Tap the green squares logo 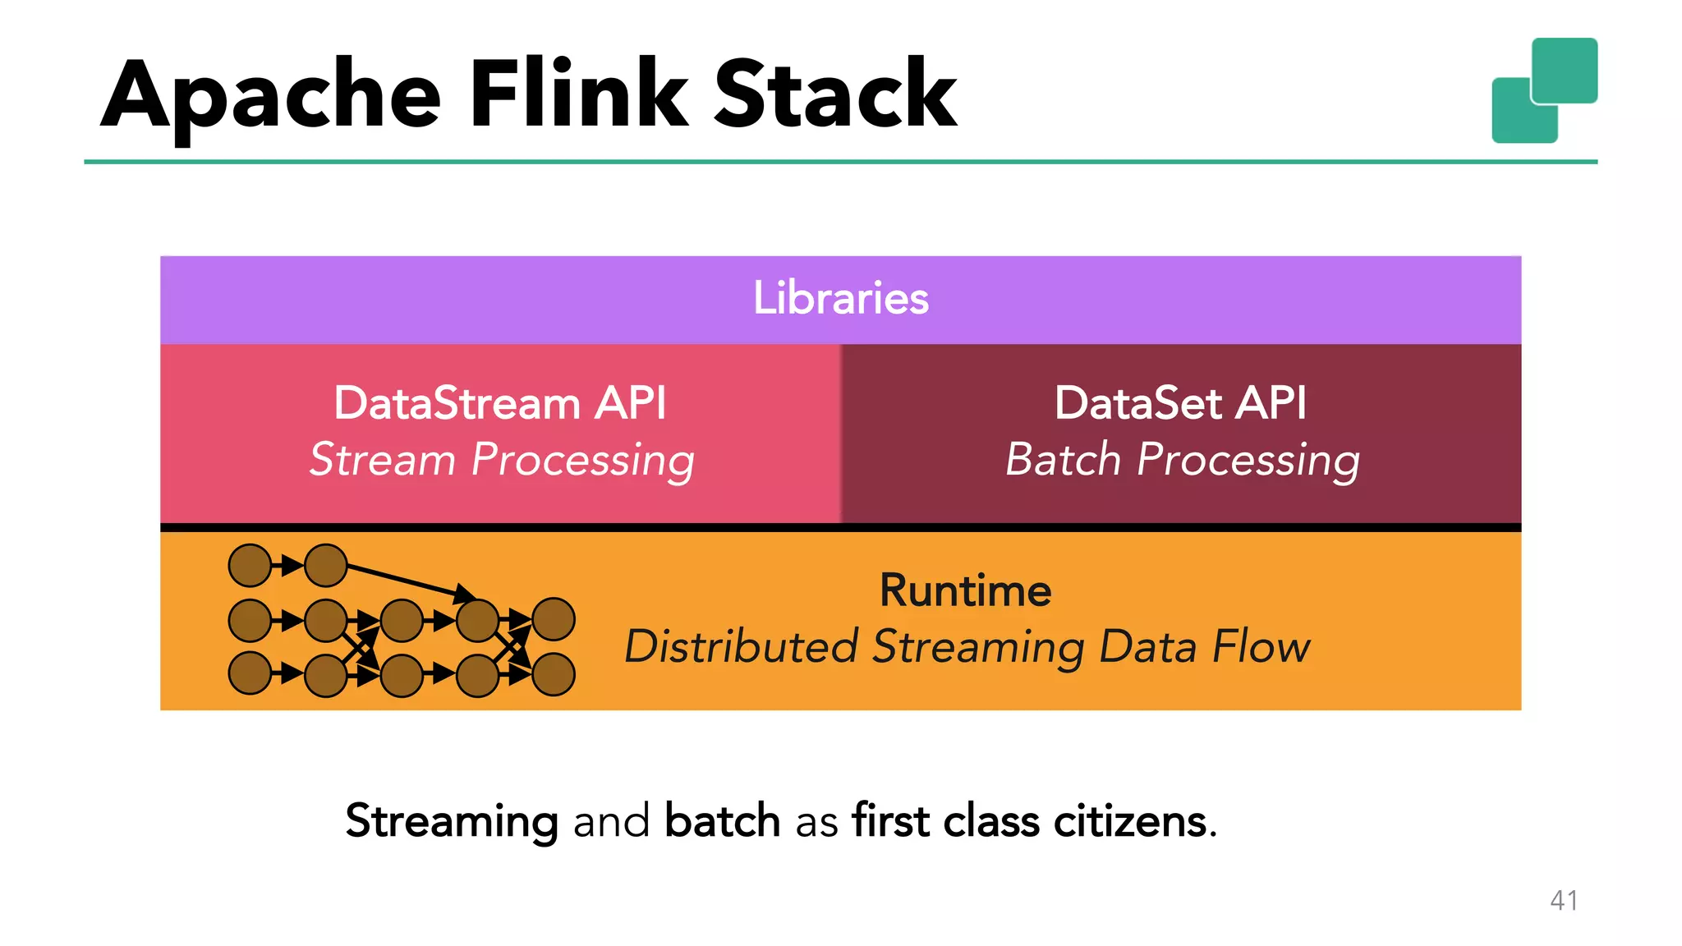pyautogui.click(x=1544, y=90)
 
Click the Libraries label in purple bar pyautogui.click(x=840, y=298)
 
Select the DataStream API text pyautogui.click(x=499, y=403)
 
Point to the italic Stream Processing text pyautogui.click(x=501, y=460)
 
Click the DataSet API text pyautogui.click(x=1180, y=403)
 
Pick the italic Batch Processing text pyautogui.click(x=1182, y=460)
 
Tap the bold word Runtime pyautogui.click(x=965, y=590)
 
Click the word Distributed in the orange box pyautogui.click(x=741, y=646)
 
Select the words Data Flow pyautogui.click(x=1204, y=646)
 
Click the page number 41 pyautogui.click(x=1563, y=901)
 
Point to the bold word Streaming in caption pyautogui.click(x=452, y=821)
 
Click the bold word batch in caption pyautogui.click(x=722, y=821)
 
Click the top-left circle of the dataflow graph pyautogui.click(x=250, y=565)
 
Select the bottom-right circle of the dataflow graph pyautogui.click(x=554, y=675)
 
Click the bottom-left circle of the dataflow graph pyautogui.click(x=250, y=673)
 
